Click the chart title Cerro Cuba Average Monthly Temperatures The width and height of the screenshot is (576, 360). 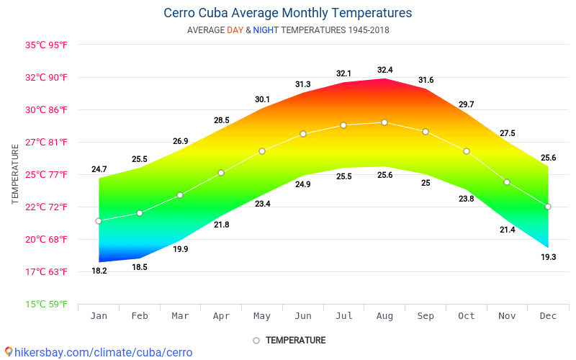288,13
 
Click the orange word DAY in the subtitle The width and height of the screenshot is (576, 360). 235,30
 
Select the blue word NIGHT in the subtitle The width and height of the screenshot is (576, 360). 266,30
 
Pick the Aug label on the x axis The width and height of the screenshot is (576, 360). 385,316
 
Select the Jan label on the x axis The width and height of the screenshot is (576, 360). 99,316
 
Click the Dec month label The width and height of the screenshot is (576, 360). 549,316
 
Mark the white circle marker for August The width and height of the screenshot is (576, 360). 384,122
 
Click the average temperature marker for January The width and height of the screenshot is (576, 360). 99,221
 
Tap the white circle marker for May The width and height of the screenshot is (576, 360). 262,151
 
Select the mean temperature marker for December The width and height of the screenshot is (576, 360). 548,207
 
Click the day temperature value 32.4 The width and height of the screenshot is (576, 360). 385,70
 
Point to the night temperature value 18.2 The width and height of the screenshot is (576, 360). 99,271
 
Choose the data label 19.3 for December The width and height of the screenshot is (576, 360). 549,257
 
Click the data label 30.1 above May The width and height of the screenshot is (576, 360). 262,99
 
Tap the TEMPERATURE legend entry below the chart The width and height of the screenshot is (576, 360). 289,340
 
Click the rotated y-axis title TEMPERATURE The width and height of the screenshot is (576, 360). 15,174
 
